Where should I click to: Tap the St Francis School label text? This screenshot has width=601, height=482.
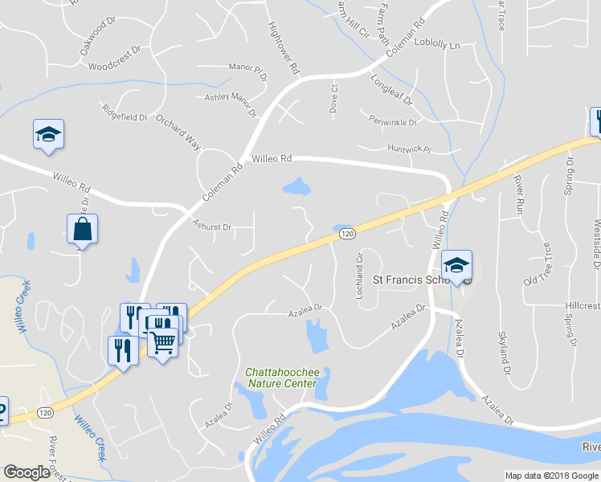click(410, 280)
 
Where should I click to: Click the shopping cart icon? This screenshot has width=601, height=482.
click(162, 343)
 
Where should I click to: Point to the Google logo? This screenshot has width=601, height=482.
click(26, 472)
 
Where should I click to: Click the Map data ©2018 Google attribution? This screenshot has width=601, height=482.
click(552, 476)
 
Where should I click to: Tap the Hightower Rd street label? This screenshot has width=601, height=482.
click(282, 47)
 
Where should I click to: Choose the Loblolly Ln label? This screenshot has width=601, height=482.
click(438, 45)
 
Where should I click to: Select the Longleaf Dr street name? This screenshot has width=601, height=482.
click(391, 91)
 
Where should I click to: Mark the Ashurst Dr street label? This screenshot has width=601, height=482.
click(211, 227)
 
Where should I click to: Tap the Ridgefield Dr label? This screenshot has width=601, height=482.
click(124, 112)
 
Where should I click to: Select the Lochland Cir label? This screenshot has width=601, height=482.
click(360, 277)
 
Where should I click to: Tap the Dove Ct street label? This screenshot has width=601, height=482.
click(333, 100)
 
